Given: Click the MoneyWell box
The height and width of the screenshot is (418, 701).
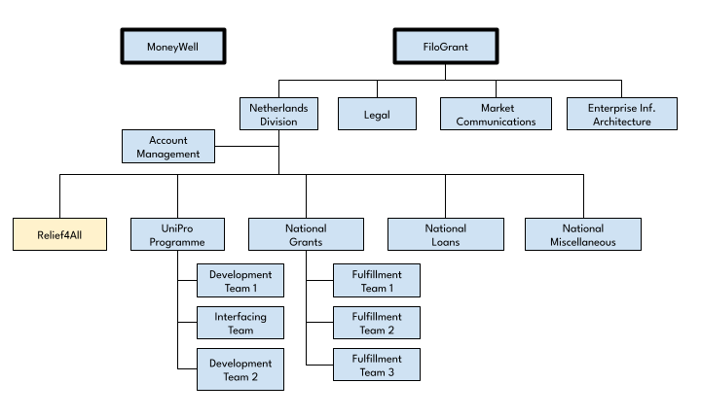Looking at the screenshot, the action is [173, 47].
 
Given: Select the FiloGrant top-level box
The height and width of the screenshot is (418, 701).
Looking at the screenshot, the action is [446, 47].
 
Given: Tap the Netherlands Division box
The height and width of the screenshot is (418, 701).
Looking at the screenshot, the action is [279, 114].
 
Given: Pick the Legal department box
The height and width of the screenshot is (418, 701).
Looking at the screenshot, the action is [377, 114].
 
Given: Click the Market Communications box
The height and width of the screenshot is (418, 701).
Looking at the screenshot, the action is [496, 114].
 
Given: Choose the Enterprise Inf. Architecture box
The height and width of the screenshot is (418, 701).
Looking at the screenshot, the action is [622, 114].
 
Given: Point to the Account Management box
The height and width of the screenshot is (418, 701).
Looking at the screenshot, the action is [168, 147].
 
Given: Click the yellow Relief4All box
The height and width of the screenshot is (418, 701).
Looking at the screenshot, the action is [60, 234].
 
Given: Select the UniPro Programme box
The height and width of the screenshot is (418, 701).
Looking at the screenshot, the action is [177, 234].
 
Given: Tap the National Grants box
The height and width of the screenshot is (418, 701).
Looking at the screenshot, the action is [307, 234].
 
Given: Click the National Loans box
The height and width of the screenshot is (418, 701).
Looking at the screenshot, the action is [446, 234].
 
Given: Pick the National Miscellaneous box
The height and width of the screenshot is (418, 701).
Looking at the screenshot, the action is [583, 234].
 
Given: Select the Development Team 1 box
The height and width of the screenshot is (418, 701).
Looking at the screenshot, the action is [240, 281].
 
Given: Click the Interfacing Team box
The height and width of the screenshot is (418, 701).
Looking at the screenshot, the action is [240, 323].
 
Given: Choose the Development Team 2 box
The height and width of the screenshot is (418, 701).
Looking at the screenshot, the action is [240, 369].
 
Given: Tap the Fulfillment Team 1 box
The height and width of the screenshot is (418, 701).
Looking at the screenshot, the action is [377, 281].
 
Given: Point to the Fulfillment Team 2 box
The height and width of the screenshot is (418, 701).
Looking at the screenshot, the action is [377, 323].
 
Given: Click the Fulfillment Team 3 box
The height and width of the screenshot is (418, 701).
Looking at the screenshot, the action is [377, 365].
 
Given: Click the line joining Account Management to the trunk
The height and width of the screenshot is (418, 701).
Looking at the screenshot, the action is [246, 146].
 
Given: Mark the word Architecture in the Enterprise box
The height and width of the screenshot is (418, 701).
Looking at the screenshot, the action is [622, 122].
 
